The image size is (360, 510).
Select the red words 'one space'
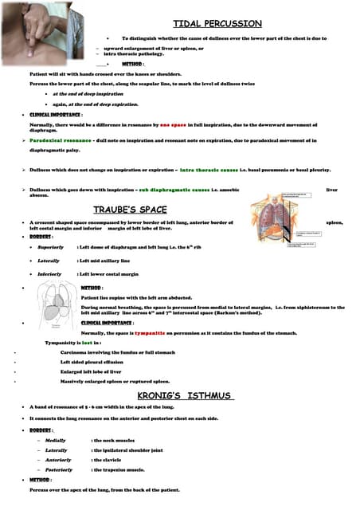tap(171, 125)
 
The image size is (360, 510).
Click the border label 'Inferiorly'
tap(49, 273)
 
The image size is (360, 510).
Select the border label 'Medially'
tap(56, 440)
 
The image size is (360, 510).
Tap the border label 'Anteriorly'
tap(58, 460)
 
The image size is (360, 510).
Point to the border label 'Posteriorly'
tap(59, 469)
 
